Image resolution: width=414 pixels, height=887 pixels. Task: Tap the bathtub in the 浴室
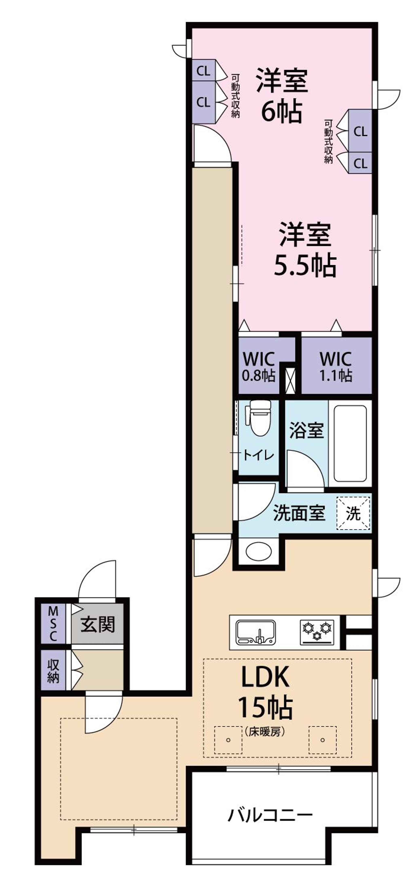pos(350,443)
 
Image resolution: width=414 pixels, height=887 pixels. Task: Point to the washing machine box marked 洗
pos(353,513)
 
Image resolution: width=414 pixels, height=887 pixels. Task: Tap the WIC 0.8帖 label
pos(259,367)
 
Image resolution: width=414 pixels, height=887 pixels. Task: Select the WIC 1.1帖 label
pos(336,367)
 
